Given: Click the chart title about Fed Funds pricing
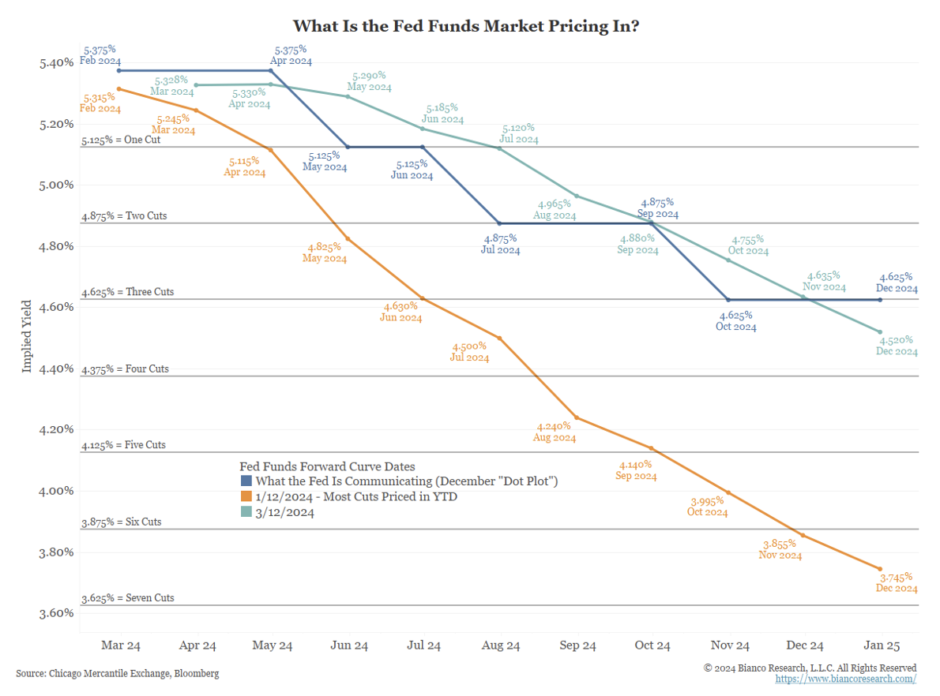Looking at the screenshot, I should pyautogui.click(x=466, y=26).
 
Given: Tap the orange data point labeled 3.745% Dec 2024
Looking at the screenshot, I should pyautogui.click(x=880, y=568).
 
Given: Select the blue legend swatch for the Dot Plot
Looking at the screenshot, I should pyautogui.click(x=246, y=481).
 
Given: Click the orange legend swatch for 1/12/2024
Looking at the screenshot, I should pyautogui.click(x=246, y=496).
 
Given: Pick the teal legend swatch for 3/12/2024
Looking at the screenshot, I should pyautogui.click(x=246, y=512).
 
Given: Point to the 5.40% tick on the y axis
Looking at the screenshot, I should pyautogui.click(x=56, y=63).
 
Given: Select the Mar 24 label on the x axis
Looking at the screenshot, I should pyautogui.click(x=121, y=645).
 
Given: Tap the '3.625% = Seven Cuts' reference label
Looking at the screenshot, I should pyautogui.click(x=127, y=598).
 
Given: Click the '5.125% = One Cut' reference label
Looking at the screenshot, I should pyautogui.click(x=120, y=140).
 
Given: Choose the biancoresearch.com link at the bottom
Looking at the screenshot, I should pyautogui.click(x=846, y=679).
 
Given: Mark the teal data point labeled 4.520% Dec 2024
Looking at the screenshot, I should pyautogui.click(x=880, y=332).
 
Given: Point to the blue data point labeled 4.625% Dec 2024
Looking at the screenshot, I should pyautogui.click(x=880, y=300).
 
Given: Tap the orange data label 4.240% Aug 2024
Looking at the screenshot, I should pyautogui.click(x=555, y=432).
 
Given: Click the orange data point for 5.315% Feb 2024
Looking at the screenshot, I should pyautogui.click(x=118, y=89).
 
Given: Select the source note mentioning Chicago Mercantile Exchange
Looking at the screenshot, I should pyautogui.click(x=118, y=673).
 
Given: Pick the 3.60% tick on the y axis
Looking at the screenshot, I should pyautogui.click(x=56, y=613).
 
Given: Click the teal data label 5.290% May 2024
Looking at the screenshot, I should pyautogui.click(x=370, y=81).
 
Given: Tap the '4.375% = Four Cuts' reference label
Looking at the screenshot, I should pyautogui.click(x=125, y=369).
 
